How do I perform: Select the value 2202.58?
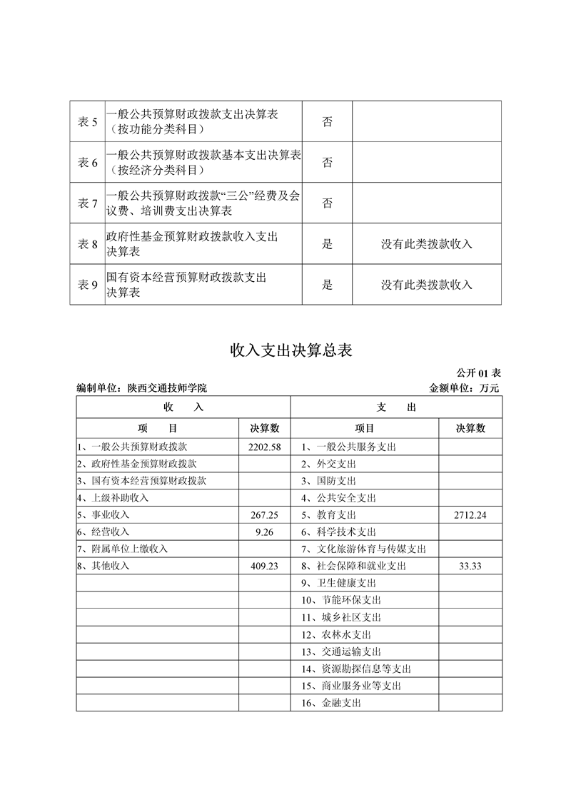pyautogui.click(x=265, y=447)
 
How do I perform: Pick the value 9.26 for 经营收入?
pyautogui.click(x=265, y=532)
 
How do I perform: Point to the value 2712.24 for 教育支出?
pyautogui.click(x=470, y=515)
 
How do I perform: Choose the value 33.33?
pyautogui.click(x=470, y=566)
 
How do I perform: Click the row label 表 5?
pyautogui.click(x=87, y=122)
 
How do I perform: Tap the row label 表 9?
pyautogui.click(x=87, y=285)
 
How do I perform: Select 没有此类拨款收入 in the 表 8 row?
pyautogui.click(x=427, y=244)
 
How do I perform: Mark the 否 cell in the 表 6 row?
pyautogui.click(x=328, y=163)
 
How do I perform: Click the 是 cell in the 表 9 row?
pyautogui.click(x=328, y=285)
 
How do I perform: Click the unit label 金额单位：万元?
pyautogui.click(x=464, y=388)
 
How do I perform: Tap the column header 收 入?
pyautogui.click(x=183, y=407)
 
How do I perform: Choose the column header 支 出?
pyautogui.click(x=396, y=407)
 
